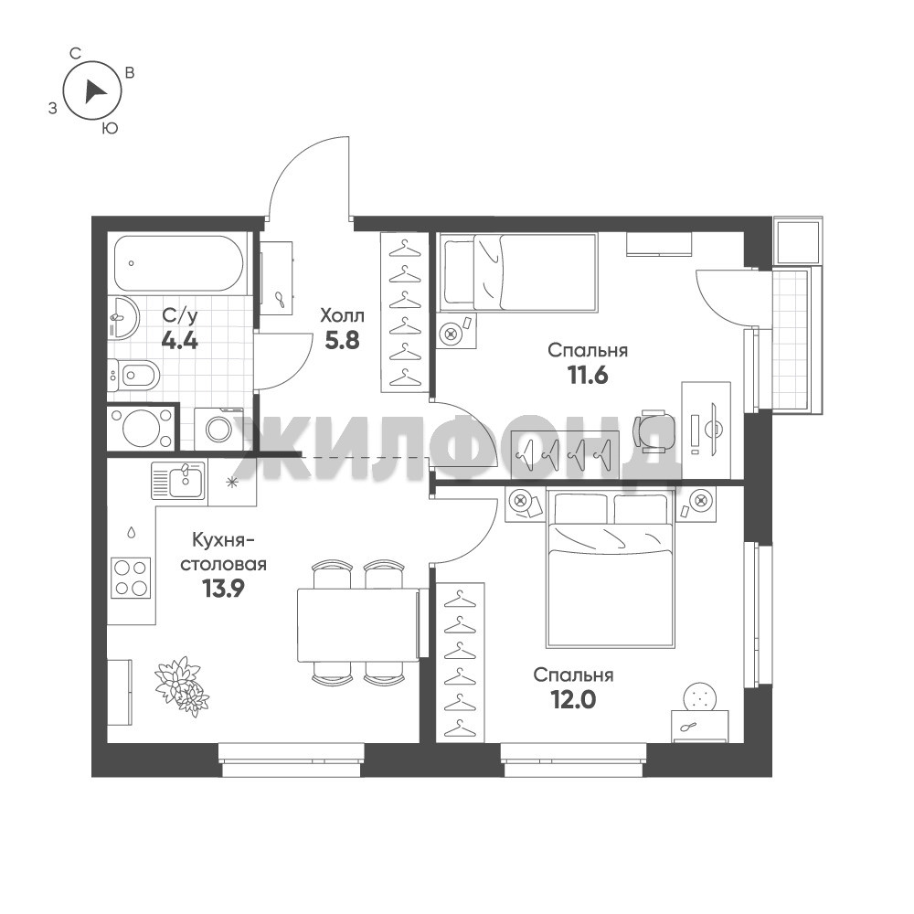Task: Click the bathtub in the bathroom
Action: pyautogui.click(x=177, y=263)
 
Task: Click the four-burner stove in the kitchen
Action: pyautogui.click(x=131, y=578)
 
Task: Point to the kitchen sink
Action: pyautogui.click(x=178, y=481)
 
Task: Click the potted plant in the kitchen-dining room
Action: pyautogui.click(x=181, y=685)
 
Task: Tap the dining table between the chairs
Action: pyautogui.click(x=358, y=625)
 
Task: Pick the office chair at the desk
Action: pyautogui.click(x=653, y=431)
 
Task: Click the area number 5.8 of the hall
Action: pyautogui.click(x=342, y=340)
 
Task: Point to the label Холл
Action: pyautogui.click(x=342, y=316)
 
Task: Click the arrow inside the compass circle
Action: pyautogui.click(x=93, y=91)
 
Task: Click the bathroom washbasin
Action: pyautogui.click(x=123, y=316)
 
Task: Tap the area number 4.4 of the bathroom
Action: pyautogui.click(x=179, y=340)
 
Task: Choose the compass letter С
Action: pyautogui.click(x=75, y=54)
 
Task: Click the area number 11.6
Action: pyautogui.click(x=588, y=376)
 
